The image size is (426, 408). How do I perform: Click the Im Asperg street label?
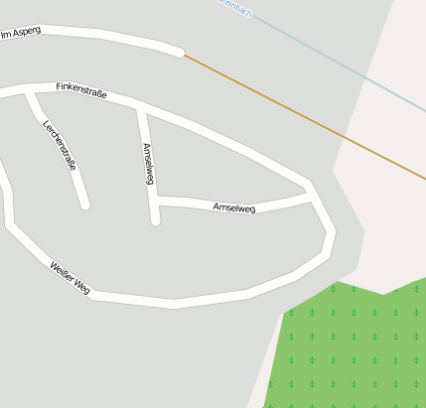click(21, 33)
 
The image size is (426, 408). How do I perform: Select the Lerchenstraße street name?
click(59, 145)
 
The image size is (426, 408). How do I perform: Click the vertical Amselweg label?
click(148, 164)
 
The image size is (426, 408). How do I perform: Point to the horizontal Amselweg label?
click(234, 207)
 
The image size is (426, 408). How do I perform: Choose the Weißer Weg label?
click(70, 278)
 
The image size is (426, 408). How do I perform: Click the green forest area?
click(348, 347)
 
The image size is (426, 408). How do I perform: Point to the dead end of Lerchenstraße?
click(85, 205)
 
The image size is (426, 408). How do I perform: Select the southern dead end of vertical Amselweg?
click(155, 221)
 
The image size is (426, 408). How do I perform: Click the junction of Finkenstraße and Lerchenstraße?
click(30, 92)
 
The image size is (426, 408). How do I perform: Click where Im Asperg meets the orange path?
click(182, 53)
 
